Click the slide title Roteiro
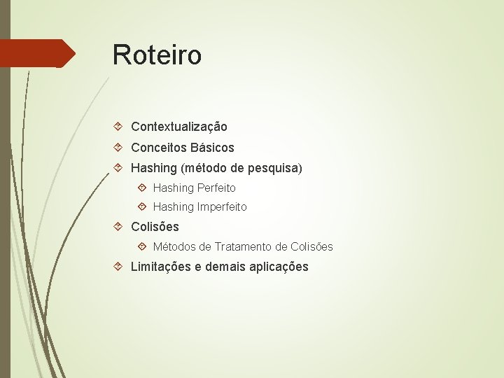[157, 55]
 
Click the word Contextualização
[178, 127]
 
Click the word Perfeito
[216, 188]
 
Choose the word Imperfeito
[222, 206]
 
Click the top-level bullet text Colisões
[155, 227]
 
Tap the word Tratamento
[244, 246]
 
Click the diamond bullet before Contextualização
[119, 127]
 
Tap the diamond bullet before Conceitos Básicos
[119, 148]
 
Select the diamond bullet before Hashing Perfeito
[142, 188]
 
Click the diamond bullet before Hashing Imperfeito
[142, 206]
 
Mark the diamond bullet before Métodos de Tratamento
[142, 246]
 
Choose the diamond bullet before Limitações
[119, 267]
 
